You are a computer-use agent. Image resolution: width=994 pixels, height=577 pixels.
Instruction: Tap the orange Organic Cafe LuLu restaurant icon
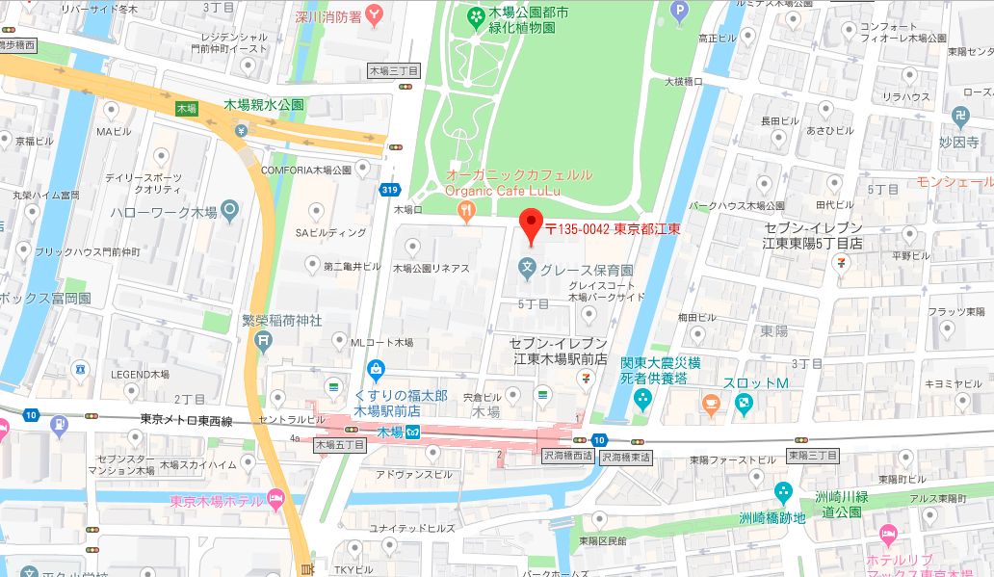pyautogui.click(x=467, y=210)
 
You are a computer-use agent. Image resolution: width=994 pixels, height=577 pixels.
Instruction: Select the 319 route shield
pyautogui.click(x=390, y=190)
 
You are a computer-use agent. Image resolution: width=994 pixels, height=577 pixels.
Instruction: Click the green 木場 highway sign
pyautogui.click(x=186, y=110)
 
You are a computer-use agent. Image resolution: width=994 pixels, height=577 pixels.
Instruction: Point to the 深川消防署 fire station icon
pyautogui.click(x=372, y=14)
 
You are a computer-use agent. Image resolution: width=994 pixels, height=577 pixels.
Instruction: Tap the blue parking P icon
pyautogui.click(x=681, y=13)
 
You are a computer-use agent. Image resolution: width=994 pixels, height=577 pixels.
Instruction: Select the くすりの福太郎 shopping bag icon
pyautogui.click(x=376, y=369)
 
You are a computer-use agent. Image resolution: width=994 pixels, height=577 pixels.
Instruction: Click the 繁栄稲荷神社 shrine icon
pyautogui.click(x=263, y=339)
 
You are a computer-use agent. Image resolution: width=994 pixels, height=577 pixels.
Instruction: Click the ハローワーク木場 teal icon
pyautogui.click(x=229, y=209)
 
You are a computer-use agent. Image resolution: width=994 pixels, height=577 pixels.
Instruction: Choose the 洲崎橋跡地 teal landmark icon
pyautogui.click(x=782, y=492)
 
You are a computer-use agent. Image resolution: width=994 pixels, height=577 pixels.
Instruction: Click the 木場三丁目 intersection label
pyautogui.click(x=395, y=71)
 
